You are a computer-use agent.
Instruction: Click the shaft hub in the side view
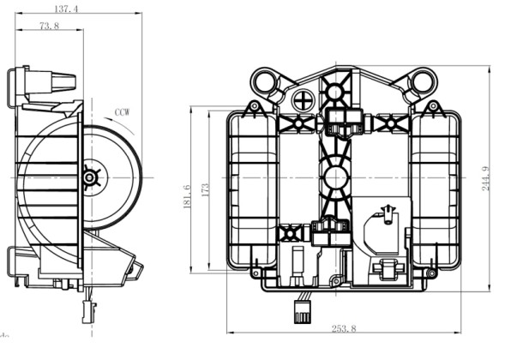click(x=89, y=177)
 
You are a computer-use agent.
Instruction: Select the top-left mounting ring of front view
click(x=266, y=84)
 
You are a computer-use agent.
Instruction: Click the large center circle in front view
click(x=334, y=177)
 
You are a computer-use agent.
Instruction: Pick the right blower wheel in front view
click(x=432, y=184)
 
